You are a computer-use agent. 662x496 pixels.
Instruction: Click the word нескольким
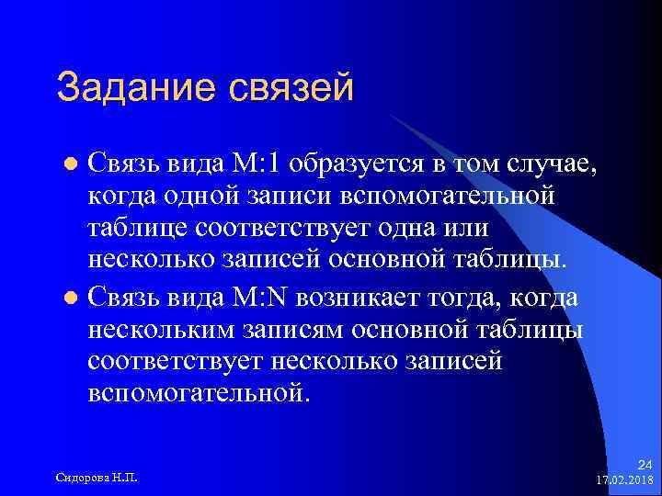click(161, 330)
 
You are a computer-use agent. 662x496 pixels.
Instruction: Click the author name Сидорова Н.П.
click(97, 478)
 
